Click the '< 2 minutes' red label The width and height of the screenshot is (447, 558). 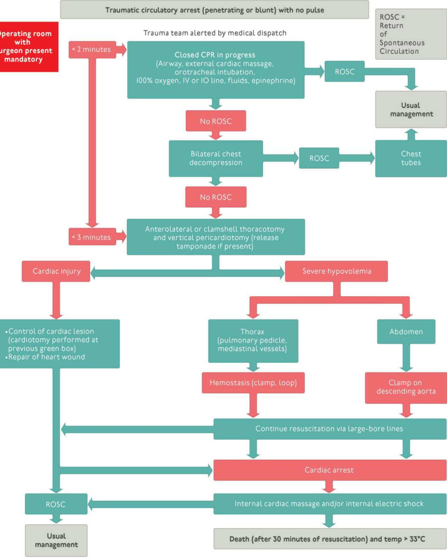pyautogui.click(x=92, y=49)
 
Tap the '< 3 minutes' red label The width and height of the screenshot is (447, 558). pyautogui.click(x=92, y=237)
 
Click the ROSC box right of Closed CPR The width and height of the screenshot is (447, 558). pyautogui.click(x=345, y=71)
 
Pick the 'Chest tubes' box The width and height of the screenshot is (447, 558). pyautogui.click(x=411, y=158)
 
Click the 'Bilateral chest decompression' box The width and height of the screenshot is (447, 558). pyautogui.click(x=216, y=158)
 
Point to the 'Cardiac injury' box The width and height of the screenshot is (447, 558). pyautogui.click(x=56, y=271)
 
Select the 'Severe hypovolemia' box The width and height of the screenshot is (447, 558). pyautogui.click(x=336, y=271)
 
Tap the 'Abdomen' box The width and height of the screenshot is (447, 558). pyautogui.click(x=406, y=332)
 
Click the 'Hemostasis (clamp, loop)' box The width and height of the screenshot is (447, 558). pyautogui.click(x=253, y=382)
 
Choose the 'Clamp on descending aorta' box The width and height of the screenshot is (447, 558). pyautogui.click(x=406, y=387)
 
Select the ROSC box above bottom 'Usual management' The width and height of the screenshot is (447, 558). pyautogui.click(x=56, y=504)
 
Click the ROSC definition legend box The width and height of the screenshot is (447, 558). pyautogui.click(x=411, y=34)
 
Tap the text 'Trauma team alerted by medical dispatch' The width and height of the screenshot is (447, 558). pyautogui.click(x=215, y=33)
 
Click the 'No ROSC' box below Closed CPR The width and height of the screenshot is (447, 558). pyautogui.click(x=216, y=121)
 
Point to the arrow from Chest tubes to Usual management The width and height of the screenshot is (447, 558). pyautogui.click(x=411, y=134)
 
